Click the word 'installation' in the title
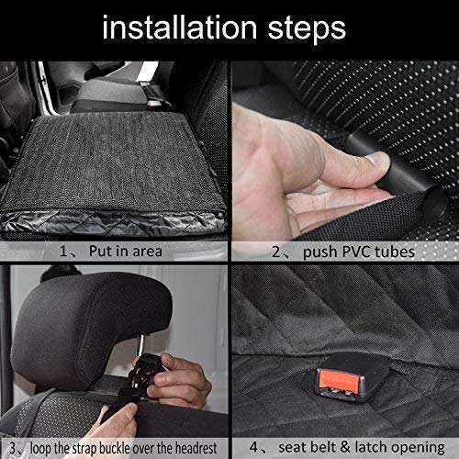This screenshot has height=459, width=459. [180, 28]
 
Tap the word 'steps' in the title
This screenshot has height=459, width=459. [307, 29]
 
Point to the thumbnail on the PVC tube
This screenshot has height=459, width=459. [379, 161]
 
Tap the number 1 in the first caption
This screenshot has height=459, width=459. [63, 252]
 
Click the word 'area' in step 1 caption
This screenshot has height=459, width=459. [147, 252]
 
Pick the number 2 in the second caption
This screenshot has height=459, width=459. [276, 252]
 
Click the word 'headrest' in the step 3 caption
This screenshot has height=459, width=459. [196, 448]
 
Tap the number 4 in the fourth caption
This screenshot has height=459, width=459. [253, 447]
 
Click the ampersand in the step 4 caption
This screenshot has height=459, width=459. [344, 447]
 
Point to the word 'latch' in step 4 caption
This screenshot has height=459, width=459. [370, 447]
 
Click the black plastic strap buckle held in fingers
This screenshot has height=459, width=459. [144, 369]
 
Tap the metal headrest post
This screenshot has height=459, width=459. [141, 345]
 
